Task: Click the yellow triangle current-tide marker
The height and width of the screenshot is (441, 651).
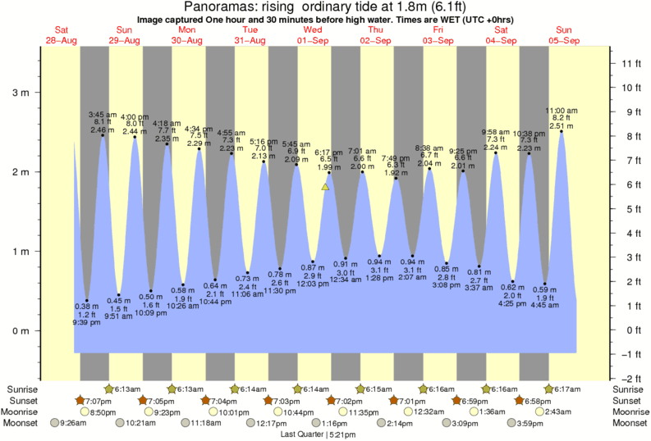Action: (326, 187)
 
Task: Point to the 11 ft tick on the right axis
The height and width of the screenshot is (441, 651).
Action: (612, 63)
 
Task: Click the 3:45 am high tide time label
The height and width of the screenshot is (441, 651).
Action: (103, 114)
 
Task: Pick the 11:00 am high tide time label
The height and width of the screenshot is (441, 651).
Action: (562, 110)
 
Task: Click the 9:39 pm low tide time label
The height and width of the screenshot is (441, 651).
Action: (86, 323)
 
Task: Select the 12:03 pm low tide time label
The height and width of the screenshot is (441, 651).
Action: (313, 282)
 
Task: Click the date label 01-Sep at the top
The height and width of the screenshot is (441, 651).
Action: (313, 40)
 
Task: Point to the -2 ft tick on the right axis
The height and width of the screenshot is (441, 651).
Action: (612, 379)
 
